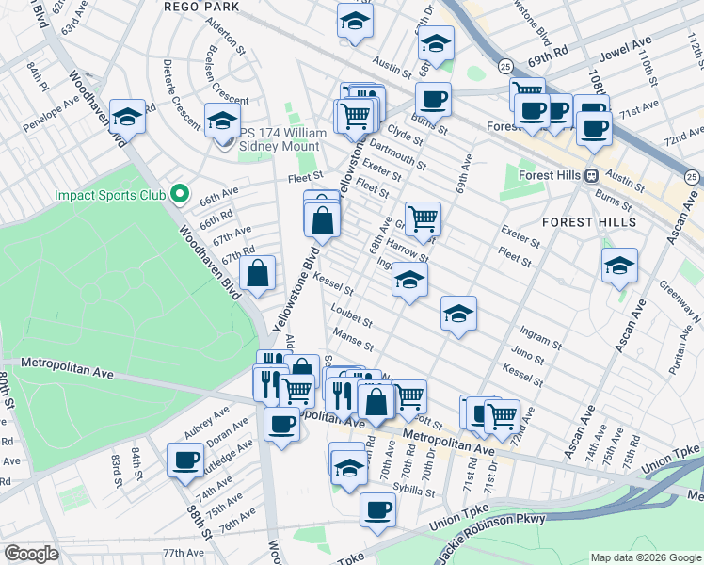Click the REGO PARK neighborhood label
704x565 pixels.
201,6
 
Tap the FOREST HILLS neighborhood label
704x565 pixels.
589,222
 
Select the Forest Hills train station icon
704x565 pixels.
592,175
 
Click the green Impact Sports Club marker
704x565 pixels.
181,196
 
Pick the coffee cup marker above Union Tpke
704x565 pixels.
377,509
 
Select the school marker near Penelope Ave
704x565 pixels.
127,117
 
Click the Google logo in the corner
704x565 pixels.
30,553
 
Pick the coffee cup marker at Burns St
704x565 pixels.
433,99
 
